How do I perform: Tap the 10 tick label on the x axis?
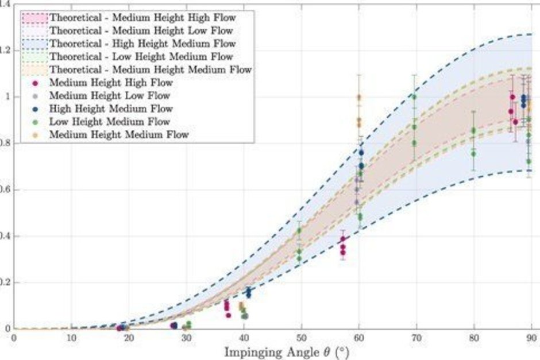click(x=71, y=338)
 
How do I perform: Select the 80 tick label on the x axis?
click(x=474, y=338)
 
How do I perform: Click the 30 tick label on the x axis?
click(x=186, y=338)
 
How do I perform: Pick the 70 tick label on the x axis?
click(x=416, y=338)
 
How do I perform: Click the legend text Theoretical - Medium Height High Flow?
click(x=142, y=18)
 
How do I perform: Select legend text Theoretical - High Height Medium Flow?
click(x=142, y=44)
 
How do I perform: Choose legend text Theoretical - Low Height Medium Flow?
click(x=141, y=56)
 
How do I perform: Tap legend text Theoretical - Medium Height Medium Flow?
click(x=151, y=69)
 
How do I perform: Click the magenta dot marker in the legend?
click(x=35, y=83)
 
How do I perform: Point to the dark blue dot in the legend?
click(x=35, y=109)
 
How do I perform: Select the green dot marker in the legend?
click(x=35, y=122)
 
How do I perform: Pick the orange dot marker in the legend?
click(x=35, y=135)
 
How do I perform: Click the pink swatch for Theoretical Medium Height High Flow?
click(x=34, y=18)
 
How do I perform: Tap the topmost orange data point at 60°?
click(x=359, y=97)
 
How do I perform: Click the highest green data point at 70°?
click(x=414, y=97)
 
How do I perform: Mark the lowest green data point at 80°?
click(x=473, y=154)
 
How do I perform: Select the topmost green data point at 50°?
click(x=299, y=230)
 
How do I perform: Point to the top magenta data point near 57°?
click(x=342, y=239)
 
